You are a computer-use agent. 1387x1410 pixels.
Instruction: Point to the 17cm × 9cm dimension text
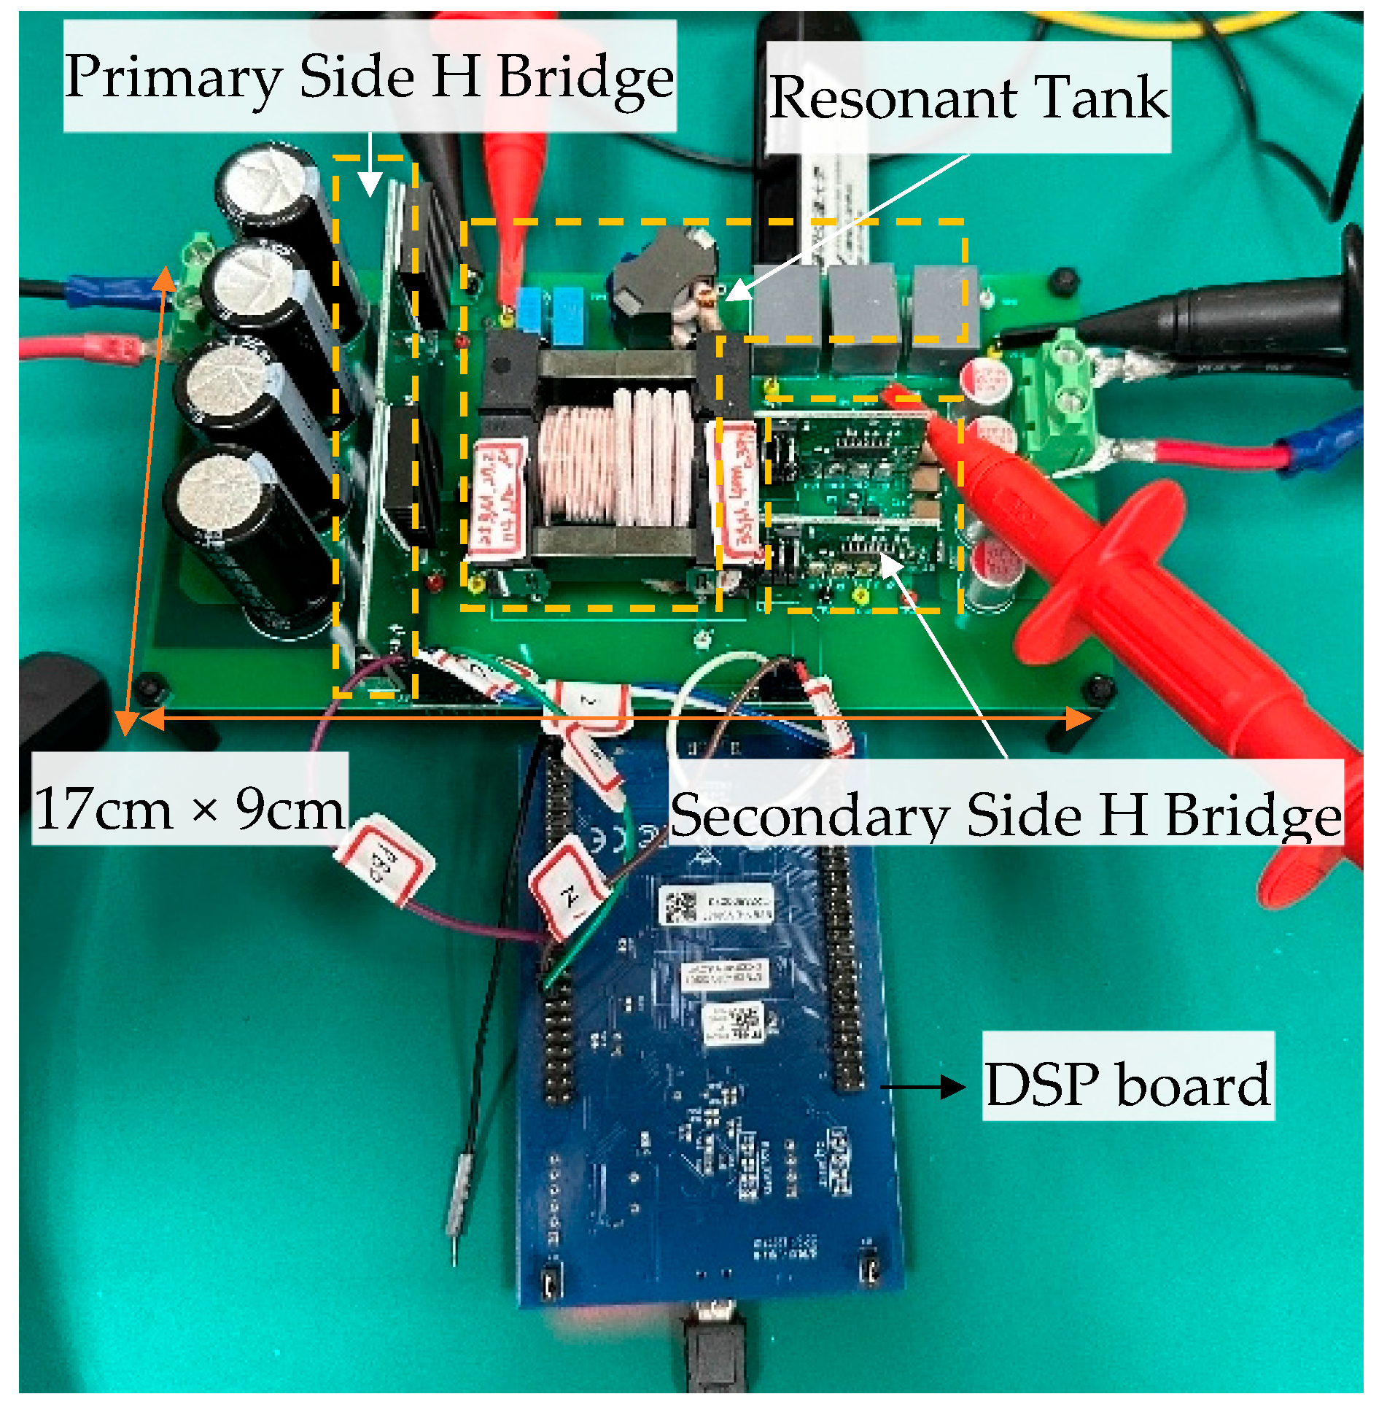tap(190, 808)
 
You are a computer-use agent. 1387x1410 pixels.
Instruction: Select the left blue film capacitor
tap(528, 310)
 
